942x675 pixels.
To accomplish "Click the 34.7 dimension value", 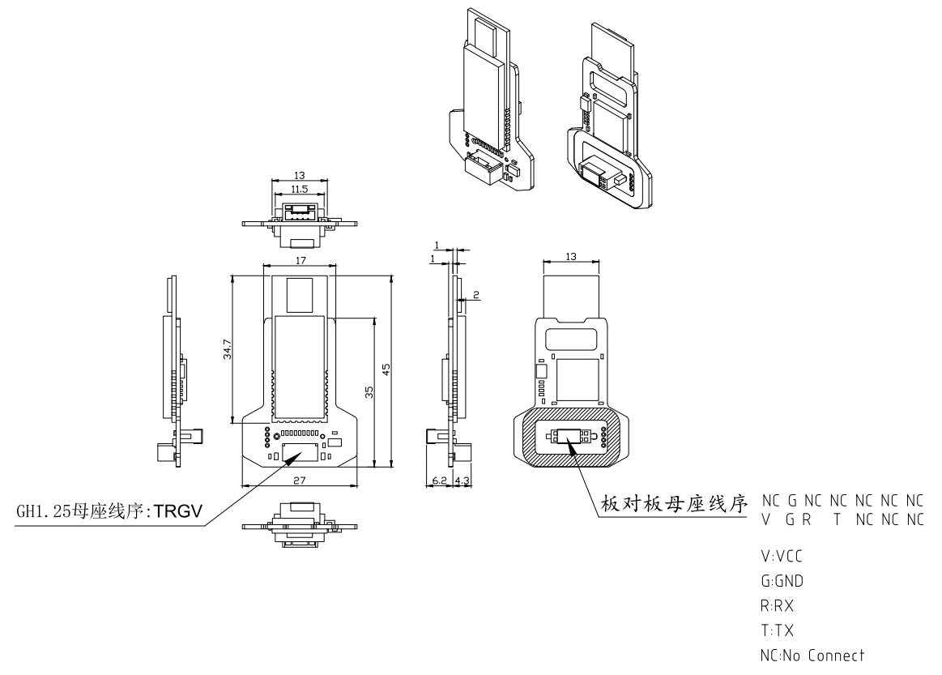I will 228,348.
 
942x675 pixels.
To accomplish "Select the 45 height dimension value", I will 387,369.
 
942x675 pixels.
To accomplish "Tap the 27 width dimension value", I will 299,480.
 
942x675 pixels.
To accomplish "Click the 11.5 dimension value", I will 299,190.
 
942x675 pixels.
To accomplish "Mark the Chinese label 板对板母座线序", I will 672,505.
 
